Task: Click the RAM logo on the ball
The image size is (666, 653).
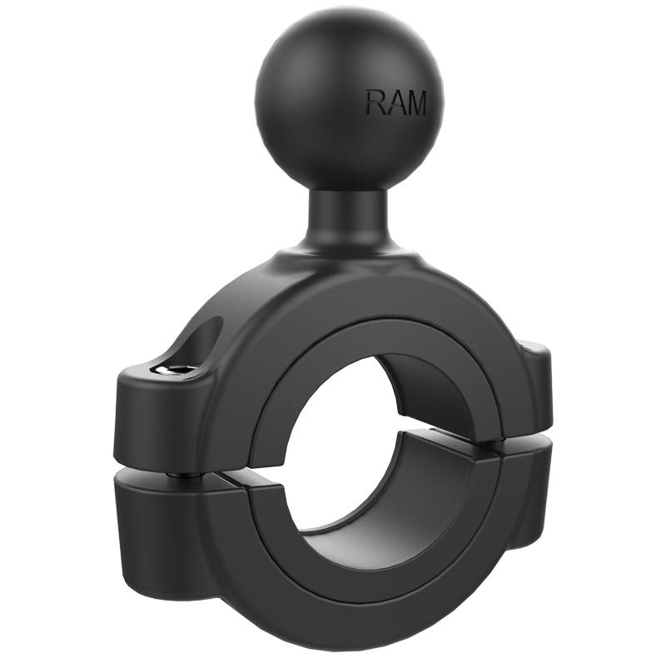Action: tap(396, 102)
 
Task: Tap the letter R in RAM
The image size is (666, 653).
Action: tap(375, 102)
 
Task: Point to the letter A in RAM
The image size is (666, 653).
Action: tap(393, 102)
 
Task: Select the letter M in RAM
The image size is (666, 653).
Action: tap(415, 103)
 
